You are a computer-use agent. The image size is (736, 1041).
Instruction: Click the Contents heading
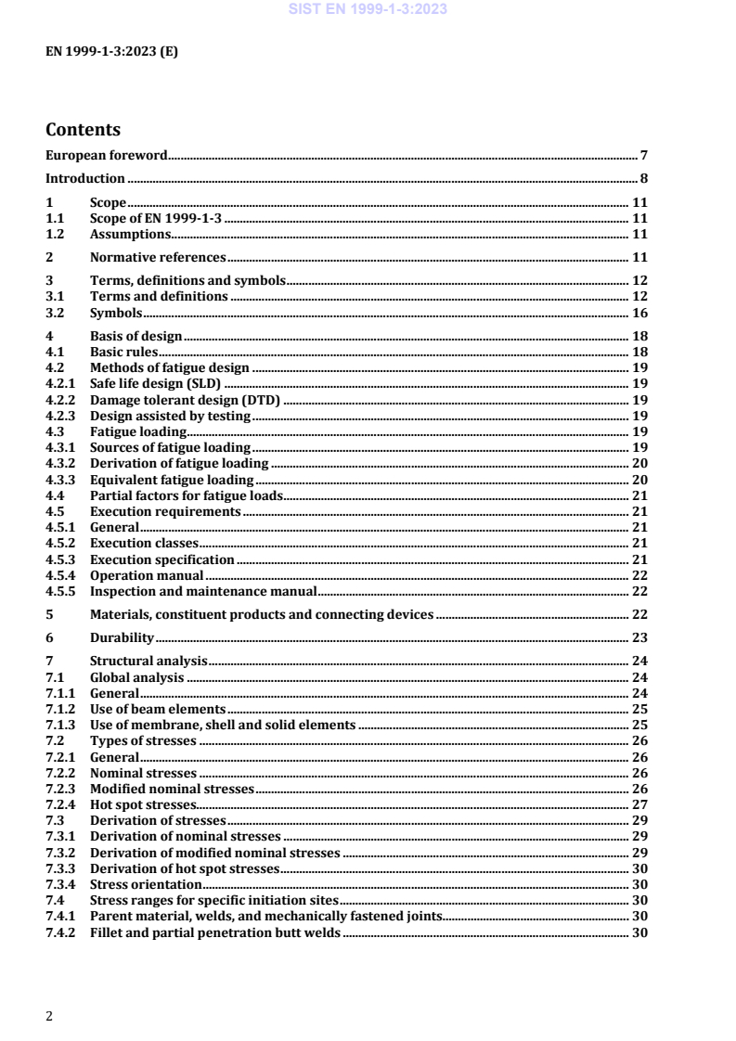[x=83, y=130]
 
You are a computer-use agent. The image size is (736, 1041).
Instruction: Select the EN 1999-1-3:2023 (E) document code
[x=111, y=52]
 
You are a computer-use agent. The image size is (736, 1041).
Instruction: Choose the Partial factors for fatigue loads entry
[x=186, y=495]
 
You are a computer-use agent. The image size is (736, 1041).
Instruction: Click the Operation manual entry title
[x=147, y=575]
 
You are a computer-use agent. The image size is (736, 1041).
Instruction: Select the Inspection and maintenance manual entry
[x=203, y=591]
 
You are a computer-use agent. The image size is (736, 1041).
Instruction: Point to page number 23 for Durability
[x=639, y=637]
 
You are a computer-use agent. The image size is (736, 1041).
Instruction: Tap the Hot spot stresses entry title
[x=143, y=803]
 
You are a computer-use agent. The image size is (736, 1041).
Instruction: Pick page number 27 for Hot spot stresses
[x=639, y=803]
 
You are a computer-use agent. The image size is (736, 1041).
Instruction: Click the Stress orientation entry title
[x=146, y=885]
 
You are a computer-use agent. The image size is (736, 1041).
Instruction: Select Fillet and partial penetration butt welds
[x=215, y=932]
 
